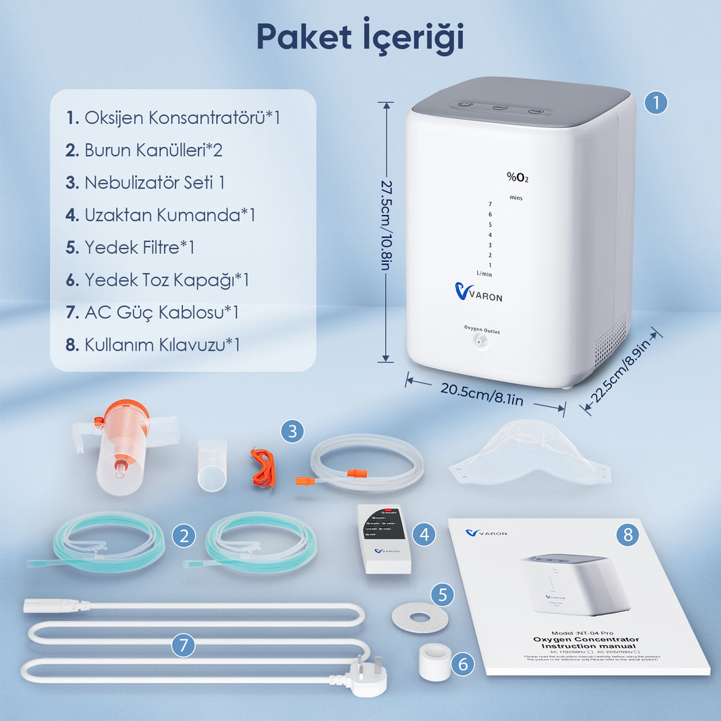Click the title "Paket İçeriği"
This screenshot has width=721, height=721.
[360, 37]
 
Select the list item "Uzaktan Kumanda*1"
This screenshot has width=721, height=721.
[161, 215]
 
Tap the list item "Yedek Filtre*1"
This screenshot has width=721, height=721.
[130, 247]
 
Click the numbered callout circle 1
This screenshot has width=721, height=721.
[656, 103]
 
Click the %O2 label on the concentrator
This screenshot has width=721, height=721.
[517, 177]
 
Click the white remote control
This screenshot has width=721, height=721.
[384, 538]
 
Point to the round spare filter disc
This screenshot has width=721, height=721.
[420, 617]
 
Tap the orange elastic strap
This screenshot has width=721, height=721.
[265, 468]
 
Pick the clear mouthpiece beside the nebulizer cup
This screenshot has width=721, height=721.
[212, 465]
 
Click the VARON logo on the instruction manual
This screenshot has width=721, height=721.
[486, 533]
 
